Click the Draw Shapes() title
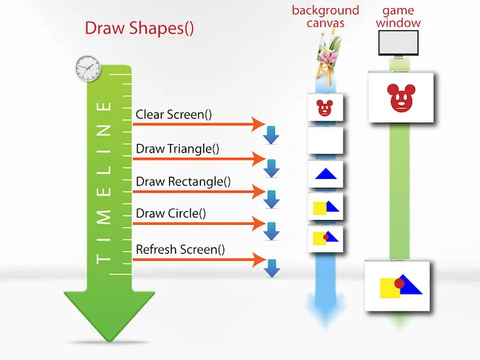[x=139, y=28]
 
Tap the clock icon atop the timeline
[x=88, y=68]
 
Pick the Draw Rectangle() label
[x=183, y=182]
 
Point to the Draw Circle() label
[x=171, y=213]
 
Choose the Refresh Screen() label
[x=180, y=249]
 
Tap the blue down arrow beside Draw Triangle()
[x=272, y=168]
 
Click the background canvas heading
[x=325, y=16]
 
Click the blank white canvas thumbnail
[x=325, y=141]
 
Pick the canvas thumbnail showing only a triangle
[x=325, y=175]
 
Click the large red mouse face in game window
[x=401, y=98]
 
